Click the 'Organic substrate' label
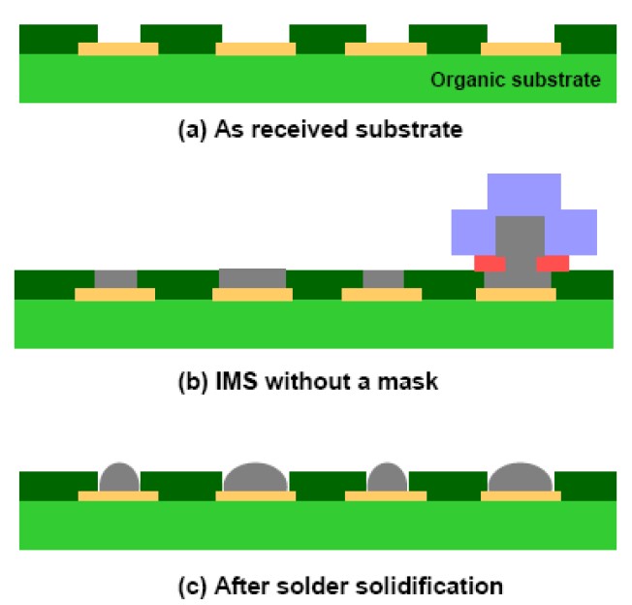518,79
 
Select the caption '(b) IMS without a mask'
314,381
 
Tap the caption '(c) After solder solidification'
316,586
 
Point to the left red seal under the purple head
490,263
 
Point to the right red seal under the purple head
553,263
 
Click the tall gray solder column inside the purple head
520,242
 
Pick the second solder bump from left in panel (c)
255,478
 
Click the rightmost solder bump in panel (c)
521,478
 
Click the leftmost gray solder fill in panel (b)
115,279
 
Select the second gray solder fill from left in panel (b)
252,278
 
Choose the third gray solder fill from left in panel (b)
383,279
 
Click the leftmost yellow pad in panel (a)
117,48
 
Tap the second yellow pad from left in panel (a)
255,48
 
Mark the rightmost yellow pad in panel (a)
521,48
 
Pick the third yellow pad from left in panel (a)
385,48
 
